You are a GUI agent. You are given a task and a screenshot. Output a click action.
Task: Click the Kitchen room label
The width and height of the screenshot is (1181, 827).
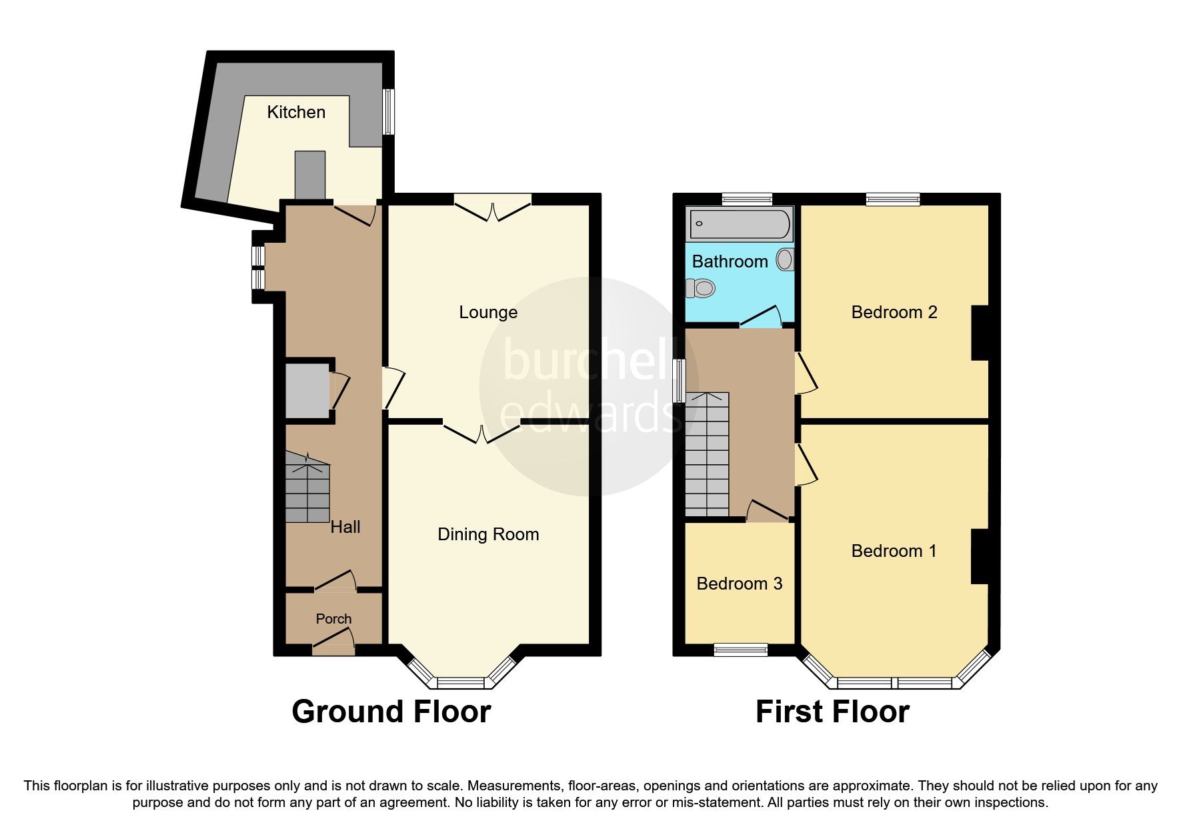[296, 112]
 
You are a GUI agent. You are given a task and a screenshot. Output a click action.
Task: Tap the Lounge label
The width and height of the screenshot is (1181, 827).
[488, 312]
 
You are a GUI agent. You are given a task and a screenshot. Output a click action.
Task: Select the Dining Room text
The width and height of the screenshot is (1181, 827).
[488, 534]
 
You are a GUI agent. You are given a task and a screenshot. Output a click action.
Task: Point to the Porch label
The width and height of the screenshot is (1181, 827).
[333, 619]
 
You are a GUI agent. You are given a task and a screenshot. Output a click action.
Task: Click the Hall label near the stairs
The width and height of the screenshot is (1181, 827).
[345, 527]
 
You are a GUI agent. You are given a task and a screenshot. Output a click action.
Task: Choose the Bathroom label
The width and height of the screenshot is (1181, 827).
[730, 261]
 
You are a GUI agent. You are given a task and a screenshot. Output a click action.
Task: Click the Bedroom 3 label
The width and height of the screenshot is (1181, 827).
[739, 584]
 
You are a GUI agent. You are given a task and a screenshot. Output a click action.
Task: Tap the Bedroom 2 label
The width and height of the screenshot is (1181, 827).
[894, 312]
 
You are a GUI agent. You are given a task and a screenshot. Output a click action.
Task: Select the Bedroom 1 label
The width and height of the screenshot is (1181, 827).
[894, 551]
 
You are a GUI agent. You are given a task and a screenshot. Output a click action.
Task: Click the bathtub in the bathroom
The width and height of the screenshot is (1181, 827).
[740, 223]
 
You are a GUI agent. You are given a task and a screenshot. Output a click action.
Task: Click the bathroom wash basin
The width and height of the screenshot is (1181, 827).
[786, 259]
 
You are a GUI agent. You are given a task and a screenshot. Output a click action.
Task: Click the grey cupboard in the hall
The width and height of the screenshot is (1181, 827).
[307, 391]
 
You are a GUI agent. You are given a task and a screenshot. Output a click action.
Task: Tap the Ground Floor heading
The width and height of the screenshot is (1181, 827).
[391, 712]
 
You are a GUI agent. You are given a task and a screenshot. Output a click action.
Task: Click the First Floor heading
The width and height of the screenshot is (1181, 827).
[832, 712]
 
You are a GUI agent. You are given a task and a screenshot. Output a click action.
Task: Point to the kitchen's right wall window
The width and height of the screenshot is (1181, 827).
[388, 111]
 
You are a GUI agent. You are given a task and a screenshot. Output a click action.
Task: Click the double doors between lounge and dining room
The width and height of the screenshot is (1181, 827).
[481, 432]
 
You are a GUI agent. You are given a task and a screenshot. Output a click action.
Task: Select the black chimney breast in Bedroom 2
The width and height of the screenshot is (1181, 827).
[979, 333]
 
